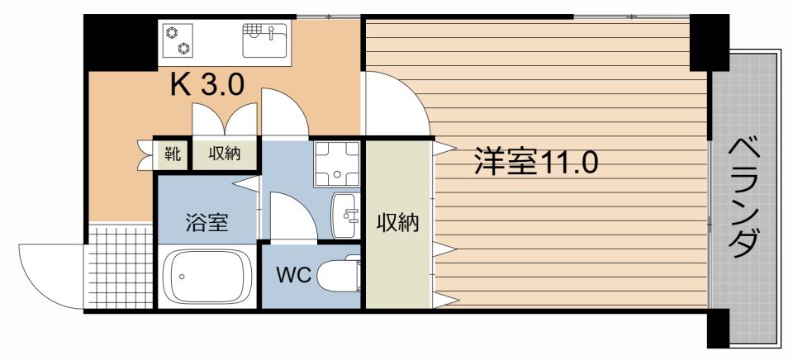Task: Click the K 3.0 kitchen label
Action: (207, 86)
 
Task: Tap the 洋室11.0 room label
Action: (534, 162)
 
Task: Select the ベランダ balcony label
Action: (745, 199)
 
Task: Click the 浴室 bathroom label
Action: (207, 222)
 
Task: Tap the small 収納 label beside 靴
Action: (224, 153)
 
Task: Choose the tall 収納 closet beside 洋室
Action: (398, 223)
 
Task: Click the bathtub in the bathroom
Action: (207, 277)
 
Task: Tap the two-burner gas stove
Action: (177, 40)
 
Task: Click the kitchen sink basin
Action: (264, 38)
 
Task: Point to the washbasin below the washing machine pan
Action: (345, 215)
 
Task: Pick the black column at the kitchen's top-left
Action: (121, 41)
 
